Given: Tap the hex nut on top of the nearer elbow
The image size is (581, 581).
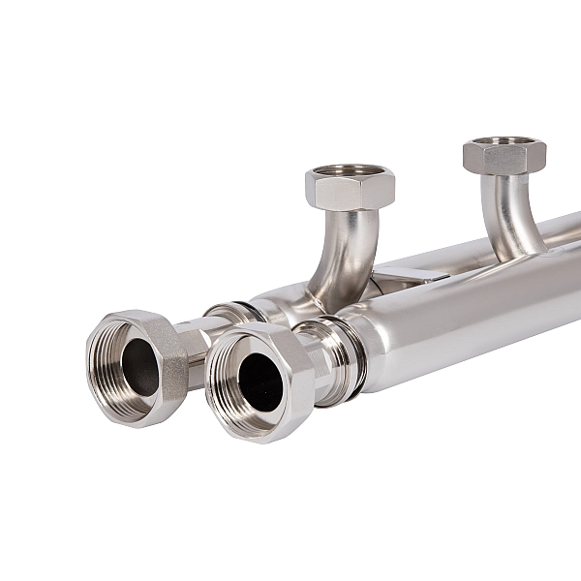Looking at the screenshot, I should (x=349, y=189).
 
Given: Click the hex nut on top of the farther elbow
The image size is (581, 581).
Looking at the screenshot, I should (x=504, y=157).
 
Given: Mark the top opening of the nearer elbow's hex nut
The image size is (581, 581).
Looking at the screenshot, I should (x=350, y=171).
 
